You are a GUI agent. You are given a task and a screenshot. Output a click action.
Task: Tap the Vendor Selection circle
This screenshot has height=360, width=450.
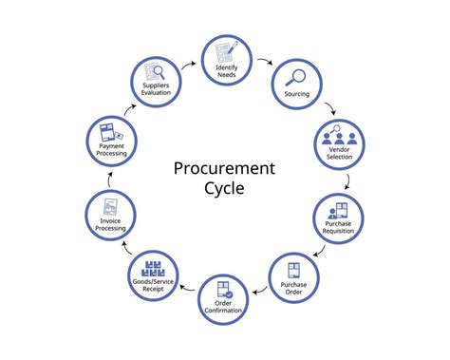(339, 142)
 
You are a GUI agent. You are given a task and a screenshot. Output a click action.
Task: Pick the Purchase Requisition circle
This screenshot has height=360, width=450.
(339, 218)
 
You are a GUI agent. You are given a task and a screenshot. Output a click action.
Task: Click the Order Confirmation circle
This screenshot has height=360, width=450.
(225, 296)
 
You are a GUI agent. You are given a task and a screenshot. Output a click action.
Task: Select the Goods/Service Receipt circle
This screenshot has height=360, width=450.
(154, 275)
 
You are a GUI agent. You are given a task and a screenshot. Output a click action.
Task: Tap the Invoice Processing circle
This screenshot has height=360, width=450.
(111, 218)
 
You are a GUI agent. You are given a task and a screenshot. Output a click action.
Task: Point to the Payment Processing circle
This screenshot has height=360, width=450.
(111, 142)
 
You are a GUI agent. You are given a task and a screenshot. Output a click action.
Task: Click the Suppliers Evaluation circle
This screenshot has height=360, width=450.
(157, 81)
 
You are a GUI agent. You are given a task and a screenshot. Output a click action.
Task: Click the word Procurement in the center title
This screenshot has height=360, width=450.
(224, 168)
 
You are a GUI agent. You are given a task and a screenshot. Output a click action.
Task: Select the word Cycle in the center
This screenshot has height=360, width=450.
(224, 188)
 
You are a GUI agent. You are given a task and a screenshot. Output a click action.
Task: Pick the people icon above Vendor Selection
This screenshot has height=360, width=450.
(339, 134)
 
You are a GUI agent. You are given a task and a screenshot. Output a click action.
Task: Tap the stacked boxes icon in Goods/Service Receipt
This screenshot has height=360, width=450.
(154, 266)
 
